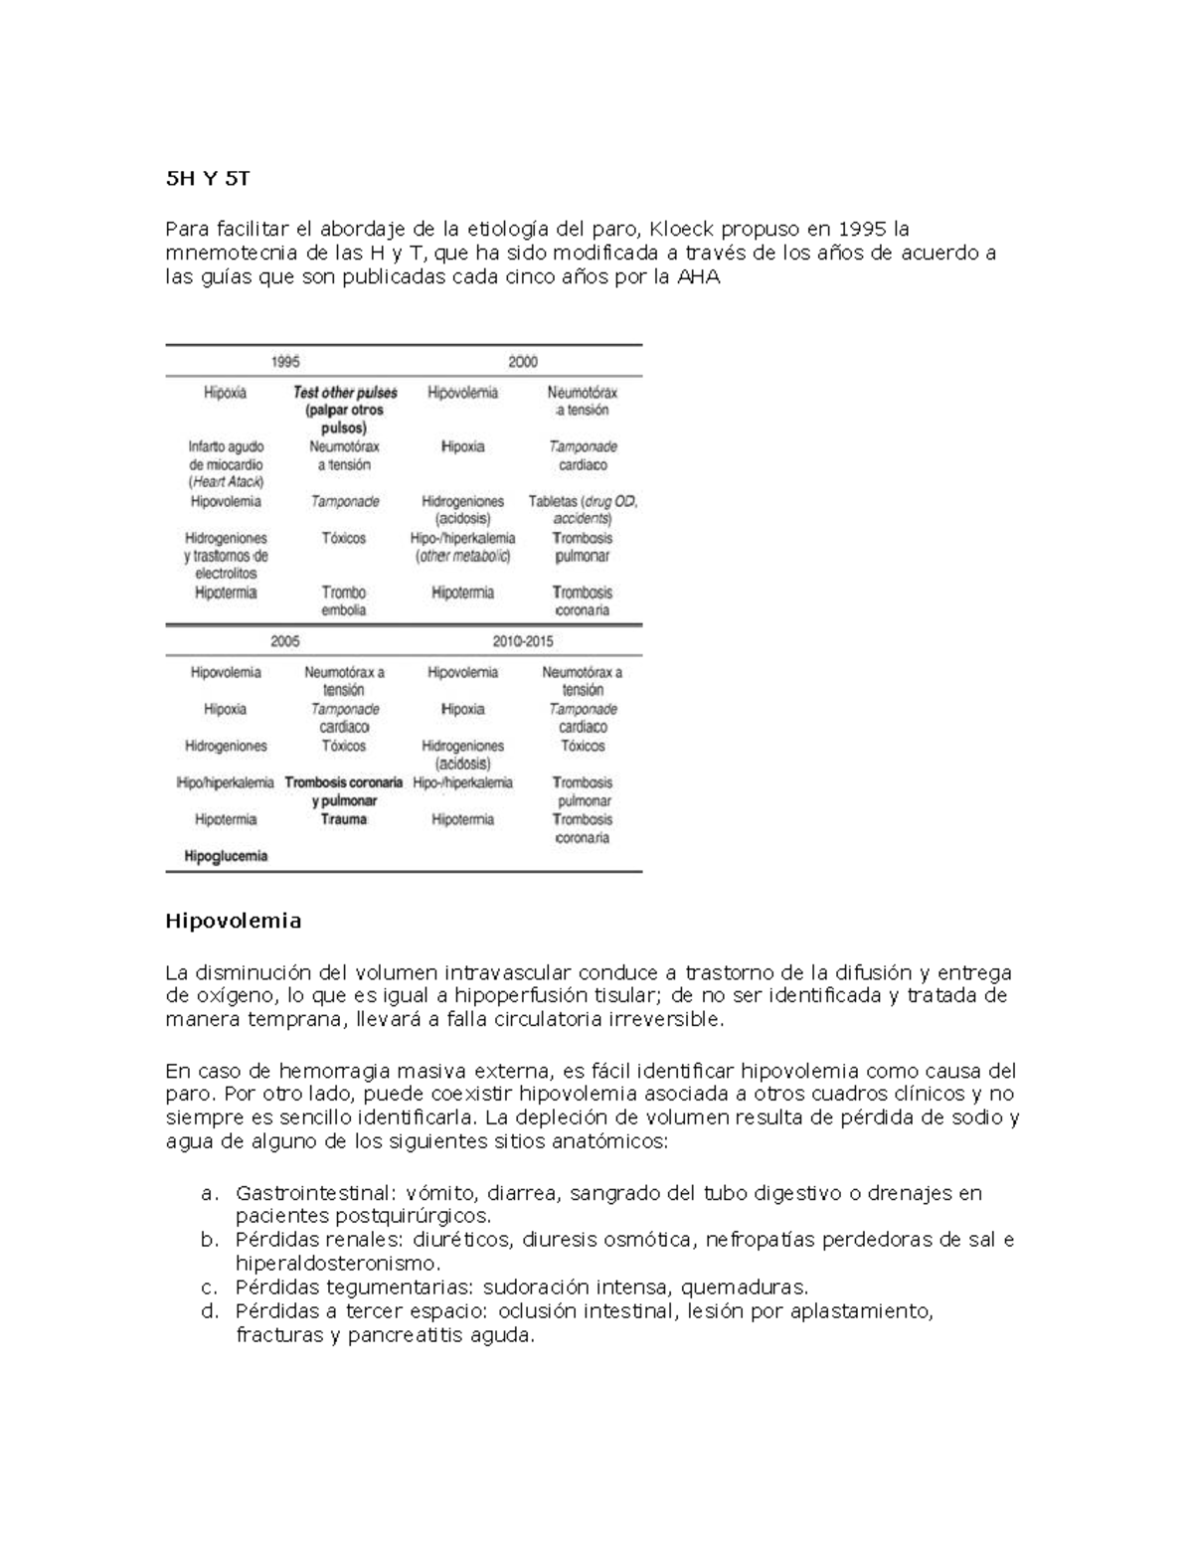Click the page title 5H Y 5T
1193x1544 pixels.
207,179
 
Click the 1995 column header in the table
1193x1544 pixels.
285,362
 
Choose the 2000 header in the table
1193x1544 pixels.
523,362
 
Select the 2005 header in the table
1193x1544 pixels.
285,641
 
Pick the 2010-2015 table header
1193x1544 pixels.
523,641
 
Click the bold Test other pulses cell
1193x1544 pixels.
344,410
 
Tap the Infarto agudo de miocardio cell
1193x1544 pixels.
226,464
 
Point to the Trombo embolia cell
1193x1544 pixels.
344,600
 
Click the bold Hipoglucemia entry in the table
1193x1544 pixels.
226,856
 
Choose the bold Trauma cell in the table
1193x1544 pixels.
344,819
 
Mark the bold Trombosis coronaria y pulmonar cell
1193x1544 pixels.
344,791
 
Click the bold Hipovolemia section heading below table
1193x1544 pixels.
233,921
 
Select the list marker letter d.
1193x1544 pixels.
209,1311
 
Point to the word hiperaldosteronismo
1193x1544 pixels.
336,1264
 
